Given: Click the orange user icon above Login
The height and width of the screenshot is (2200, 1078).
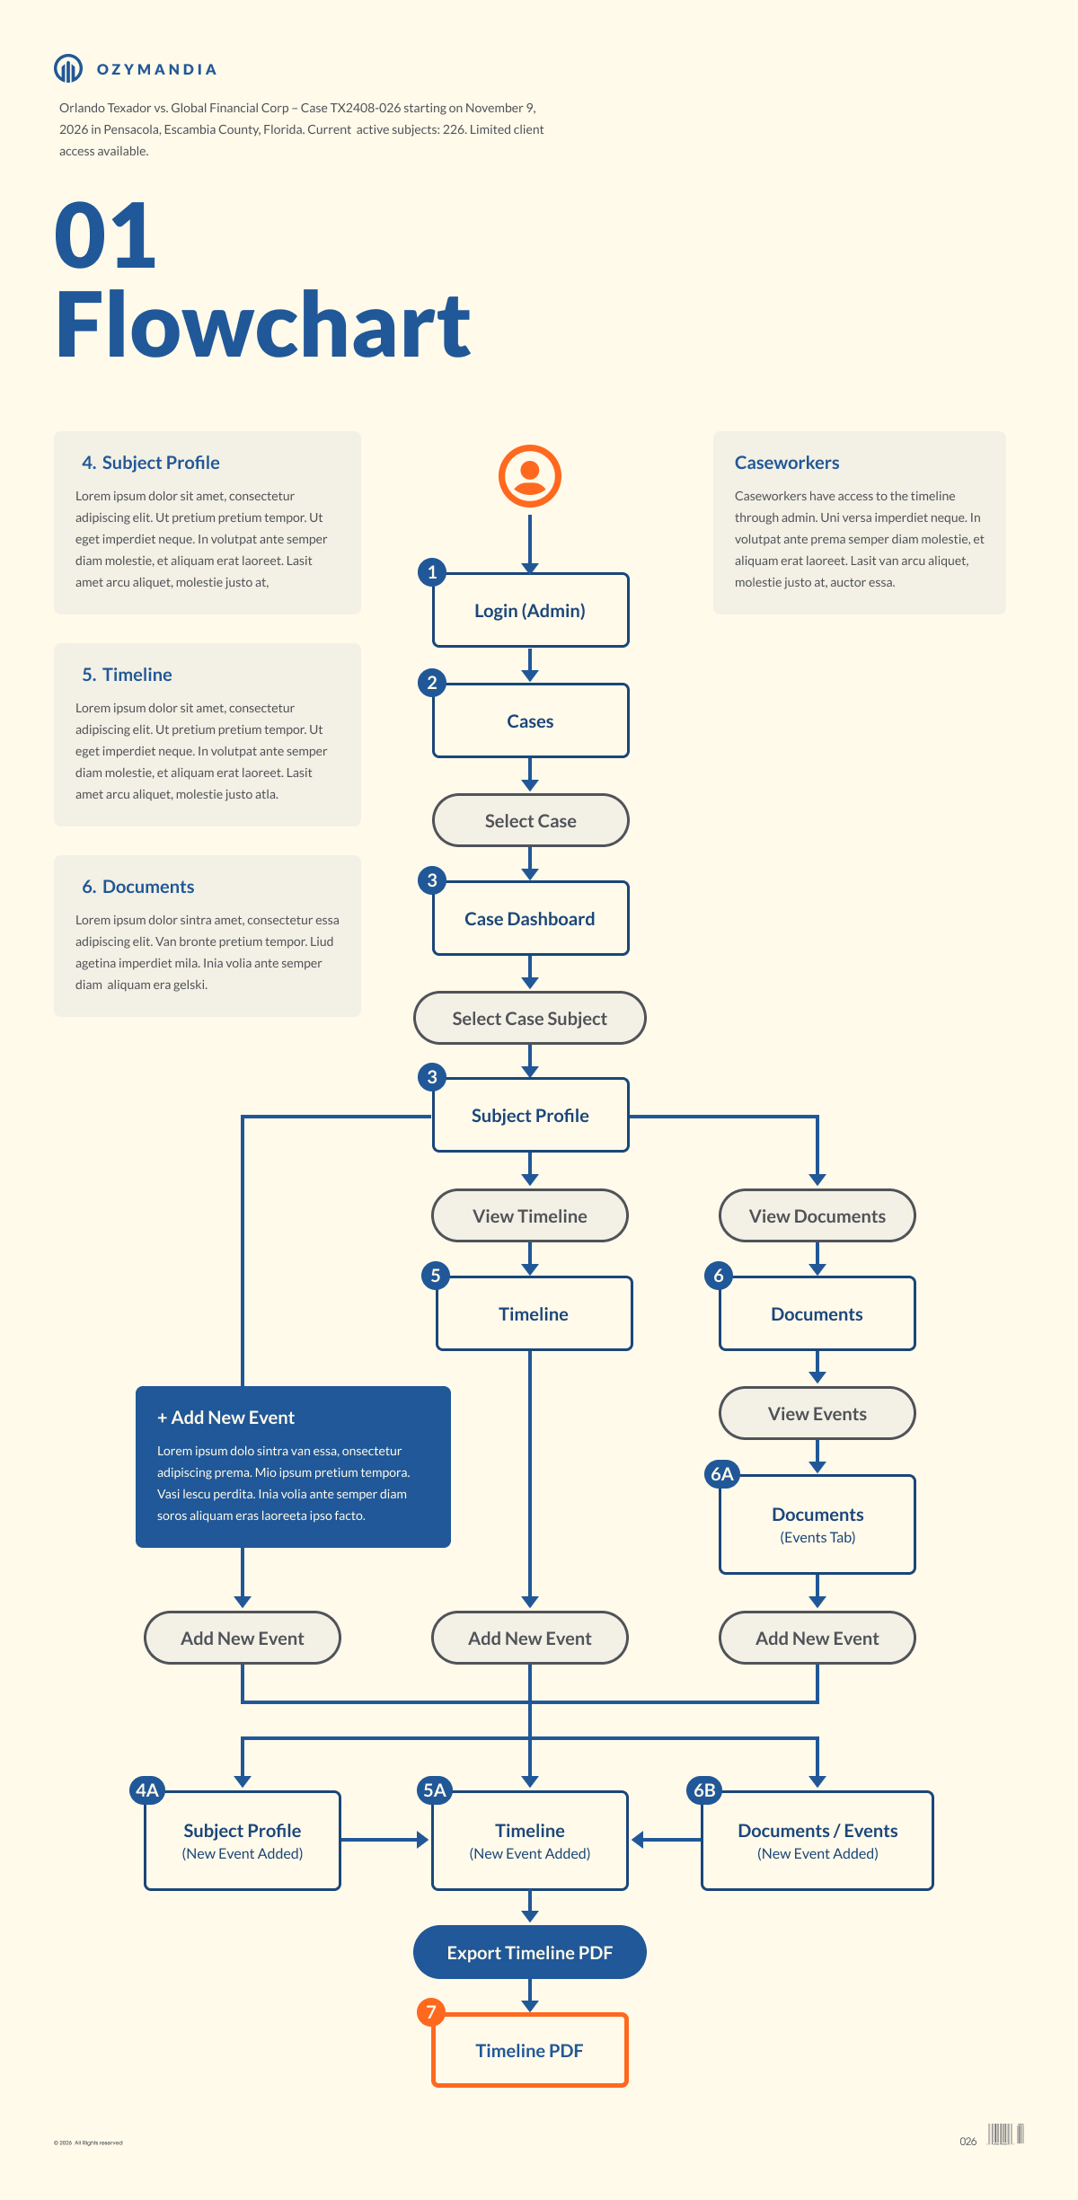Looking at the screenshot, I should click(530, 476).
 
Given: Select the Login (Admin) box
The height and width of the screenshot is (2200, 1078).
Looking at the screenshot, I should click(530, 611).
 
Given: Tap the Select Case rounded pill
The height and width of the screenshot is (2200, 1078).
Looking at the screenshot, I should click(530, 820).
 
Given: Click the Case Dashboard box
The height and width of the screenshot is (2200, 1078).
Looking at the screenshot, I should click(530, 919).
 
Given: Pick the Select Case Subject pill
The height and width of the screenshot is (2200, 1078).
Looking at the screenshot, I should click(530, 1018).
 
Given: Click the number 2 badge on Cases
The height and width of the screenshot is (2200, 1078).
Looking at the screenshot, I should click(432, 683).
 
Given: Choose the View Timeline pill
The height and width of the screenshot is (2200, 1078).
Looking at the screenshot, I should click(530, 1215).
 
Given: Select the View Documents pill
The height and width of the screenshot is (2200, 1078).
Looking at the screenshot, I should click(817, 1215).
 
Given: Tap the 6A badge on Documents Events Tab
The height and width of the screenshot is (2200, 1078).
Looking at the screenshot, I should click(721, 1474).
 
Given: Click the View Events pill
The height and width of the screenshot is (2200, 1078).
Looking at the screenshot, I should click(817, 1413).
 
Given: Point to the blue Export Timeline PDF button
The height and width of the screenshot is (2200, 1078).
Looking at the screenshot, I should click(530, 1952).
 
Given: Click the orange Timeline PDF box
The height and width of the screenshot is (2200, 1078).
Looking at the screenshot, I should click(530, 2050).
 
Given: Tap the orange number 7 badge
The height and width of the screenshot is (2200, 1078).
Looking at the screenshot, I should click(431, 2012).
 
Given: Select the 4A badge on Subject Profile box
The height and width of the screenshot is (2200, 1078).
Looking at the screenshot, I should click(146, 1790).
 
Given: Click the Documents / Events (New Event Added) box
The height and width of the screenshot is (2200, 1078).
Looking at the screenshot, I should click(817, 1841).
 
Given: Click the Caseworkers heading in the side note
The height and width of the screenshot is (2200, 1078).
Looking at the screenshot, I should click(787, 463).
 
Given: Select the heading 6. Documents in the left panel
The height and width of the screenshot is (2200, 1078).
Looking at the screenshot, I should click(138, 887).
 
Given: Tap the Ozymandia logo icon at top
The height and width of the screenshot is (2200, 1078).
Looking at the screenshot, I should click(68, 68).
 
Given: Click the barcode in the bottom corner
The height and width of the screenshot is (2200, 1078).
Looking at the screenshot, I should click(1005, 2134).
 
